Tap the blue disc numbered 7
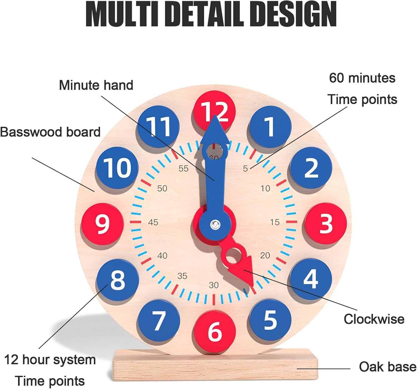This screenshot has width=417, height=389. click(x=159, y=321)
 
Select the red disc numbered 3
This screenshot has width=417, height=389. click(x=326, y=223)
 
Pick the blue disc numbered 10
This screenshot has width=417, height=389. click(x=117, y=168)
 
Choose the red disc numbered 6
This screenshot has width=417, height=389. click(x=215, y=331)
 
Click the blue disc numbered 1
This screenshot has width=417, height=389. click(x=270, y=127)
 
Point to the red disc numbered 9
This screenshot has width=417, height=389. click(x=102, y=224)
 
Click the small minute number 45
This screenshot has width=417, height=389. click(x=153, y=222)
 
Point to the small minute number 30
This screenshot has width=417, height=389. click(x=214, y=285)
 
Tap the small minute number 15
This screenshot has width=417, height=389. click(x=275, y=222)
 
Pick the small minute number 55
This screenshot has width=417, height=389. click(x=183, y=169)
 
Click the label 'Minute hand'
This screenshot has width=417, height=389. click(x=96, y=85)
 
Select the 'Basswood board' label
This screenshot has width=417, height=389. click(x=50, y=132)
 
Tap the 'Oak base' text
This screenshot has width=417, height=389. click(x=388, y=367)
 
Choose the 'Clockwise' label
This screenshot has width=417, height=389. click(x=374, y=319)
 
